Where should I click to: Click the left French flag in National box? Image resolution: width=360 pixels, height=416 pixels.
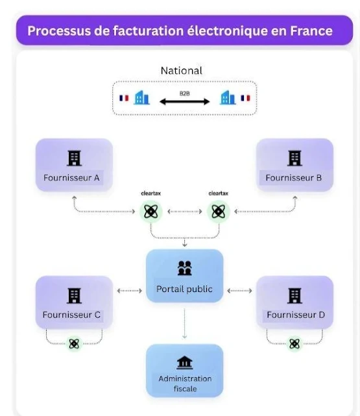[123, 99]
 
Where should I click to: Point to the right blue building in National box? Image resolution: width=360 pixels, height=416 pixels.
[227, 98]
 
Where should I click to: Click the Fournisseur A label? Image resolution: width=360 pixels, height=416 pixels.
[71, 177]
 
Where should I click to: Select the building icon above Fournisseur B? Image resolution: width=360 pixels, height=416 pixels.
[294, 158]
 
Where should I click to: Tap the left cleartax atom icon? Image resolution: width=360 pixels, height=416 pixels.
[150, 211]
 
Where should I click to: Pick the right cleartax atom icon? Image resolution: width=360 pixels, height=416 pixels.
[217, 211]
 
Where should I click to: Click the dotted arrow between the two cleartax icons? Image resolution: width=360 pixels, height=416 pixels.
[184, 211]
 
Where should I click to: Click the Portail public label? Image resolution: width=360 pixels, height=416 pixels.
[184, 289]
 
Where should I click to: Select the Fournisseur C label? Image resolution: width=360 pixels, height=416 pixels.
[71, 315]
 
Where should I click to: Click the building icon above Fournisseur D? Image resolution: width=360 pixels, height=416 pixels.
[294, 296]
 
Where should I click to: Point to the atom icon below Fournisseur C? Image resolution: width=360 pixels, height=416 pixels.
[74, 344]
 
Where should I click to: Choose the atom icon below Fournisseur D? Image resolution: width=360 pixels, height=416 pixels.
[295, 344]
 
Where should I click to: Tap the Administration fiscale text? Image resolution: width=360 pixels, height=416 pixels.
[184, 383]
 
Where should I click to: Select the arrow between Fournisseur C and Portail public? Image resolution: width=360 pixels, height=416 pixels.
[130, 291]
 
